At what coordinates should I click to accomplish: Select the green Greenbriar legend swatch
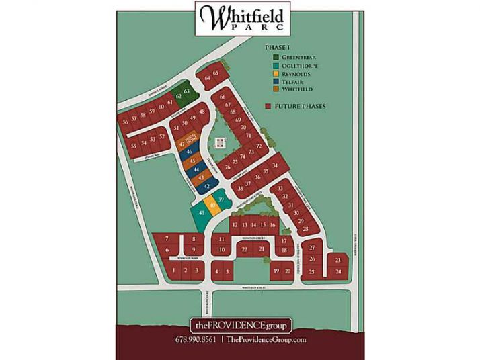[x=276, y=58]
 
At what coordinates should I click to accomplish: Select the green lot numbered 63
[x=187, y=91]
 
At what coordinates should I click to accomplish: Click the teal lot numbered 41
[x=200, y=213]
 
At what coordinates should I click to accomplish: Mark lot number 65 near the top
[x=216, y=73]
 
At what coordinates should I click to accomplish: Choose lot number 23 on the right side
[x=337, y=259]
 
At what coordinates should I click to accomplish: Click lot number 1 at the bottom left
[x=173, y=270]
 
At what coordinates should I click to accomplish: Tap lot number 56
[x=125, y=122]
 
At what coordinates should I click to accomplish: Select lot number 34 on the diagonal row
[x=274, y=165]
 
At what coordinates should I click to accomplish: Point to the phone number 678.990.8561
[x=196, y=340]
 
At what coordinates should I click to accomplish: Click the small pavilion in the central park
[x=219, y=142]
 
